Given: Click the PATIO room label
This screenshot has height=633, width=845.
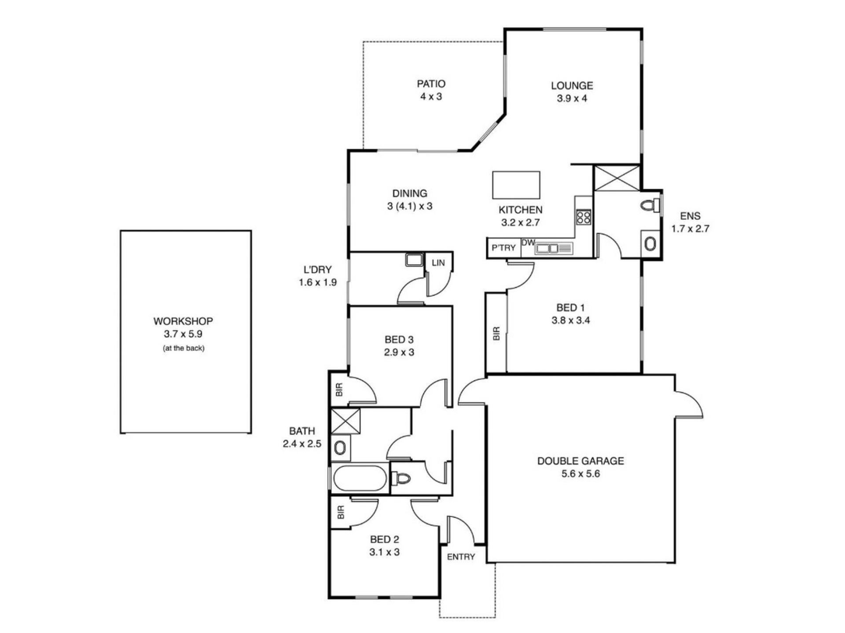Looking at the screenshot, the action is (x=431, y=84).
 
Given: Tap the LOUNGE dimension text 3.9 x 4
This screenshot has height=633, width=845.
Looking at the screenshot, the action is (x=572, y=98).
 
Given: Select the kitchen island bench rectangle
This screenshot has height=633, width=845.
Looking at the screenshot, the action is (x=516, y=185).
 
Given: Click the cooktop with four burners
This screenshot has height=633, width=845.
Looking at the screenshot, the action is (x=584, y=217).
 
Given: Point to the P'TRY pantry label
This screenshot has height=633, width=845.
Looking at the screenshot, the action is (x=503, y=248).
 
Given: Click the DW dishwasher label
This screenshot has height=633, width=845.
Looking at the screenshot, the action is (x=528, y=243).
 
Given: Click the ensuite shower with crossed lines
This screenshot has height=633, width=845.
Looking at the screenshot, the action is (x=617, y=178).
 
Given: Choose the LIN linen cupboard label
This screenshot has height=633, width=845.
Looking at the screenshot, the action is (x=438, y=263).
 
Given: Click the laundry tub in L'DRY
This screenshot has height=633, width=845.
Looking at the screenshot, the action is (x=414, y=259).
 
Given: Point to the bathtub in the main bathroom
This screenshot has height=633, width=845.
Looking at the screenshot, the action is (x=360, y=478).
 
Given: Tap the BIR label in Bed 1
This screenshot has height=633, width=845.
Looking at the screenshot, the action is (x=496, y=333).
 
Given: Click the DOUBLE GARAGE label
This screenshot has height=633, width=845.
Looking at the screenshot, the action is (x=580, y=461).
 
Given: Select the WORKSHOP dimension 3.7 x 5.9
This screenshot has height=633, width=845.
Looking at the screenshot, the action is (x=183, y=334).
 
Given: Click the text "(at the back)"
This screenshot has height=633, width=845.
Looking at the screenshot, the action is (x=184, y=348).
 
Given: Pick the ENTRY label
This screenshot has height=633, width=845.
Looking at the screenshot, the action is (x=461, y=557).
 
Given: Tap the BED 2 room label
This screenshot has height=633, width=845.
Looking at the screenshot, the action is (x=385, y=539).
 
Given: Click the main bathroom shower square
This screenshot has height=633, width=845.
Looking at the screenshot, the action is (x=345, y=421).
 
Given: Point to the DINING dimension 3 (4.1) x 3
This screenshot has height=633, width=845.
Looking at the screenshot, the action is (x=410, y=206).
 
